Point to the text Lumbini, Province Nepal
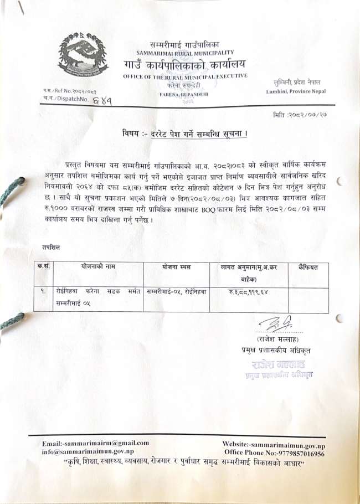296,91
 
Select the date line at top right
300,114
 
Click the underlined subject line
184,135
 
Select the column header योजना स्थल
176,267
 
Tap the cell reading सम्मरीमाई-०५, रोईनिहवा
176,291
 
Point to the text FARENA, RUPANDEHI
183,95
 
